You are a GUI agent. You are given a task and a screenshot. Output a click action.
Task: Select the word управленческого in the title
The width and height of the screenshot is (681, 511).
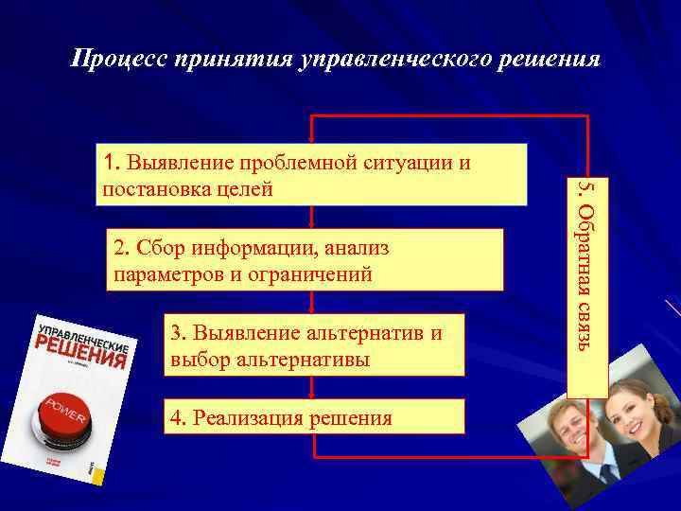coord(394,60)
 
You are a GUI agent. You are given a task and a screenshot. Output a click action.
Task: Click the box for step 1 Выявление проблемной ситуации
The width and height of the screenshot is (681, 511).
coord(312,174)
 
